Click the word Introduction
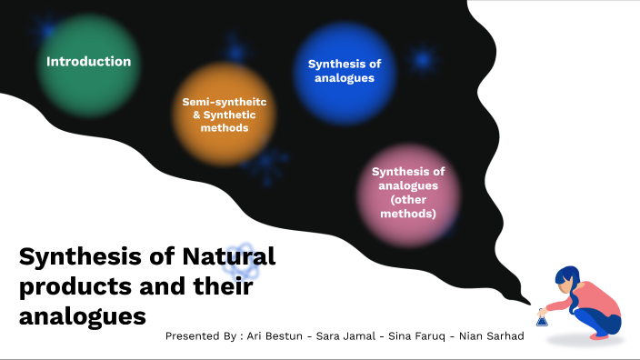(89, 62)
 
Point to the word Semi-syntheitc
(224, 101)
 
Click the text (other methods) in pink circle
(409, 207)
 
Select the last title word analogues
(83, 318)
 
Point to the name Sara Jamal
(347, 336)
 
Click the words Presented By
(196, 336)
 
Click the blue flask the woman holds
(542, 319)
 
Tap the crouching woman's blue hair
(567, 281)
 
